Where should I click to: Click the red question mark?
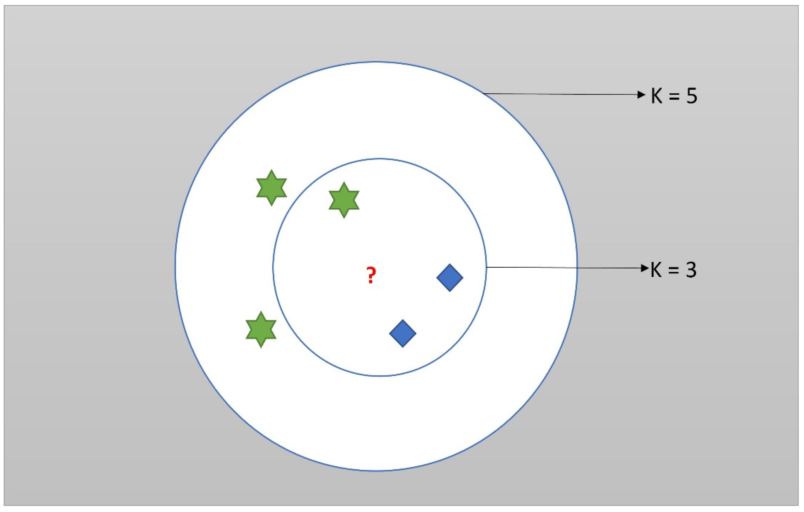click(x=371, y=275)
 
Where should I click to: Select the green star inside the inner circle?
click(x=344, y=200)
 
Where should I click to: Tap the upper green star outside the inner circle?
click(x=271, y=188)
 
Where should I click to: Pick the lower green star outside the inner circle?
click(x=261, y=329)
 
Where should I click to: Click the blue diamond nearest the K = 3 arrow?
click(x=450, y=277)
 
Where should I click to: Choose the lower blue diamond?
click(x=403, y=333)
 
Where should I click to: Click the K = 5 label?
click(x=674, y=96)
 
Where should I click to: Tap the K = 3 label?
click(x=673, y=270)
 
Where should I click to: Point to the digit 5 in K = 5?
click(x=691, y=96)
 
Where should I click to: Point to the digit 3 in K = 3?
click(x=691, y=270)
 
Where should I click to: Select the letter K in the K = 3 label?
click(x=656, y=270)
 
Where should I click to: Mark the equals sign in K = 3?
click(x=673, y=271)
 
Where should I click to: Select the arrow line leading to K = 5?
click(x=561, y=94)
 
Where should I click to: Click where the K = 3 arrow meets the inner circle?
click(x=486, y=267)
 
